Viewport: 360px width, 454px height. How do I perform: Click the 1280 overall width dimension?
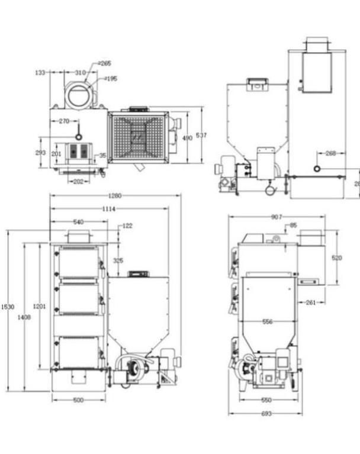click(115, 195)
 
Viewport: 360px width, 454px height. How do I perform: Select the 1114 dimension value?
click(108, 208)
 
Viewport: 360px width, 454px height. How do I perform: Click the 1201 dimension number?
click(39, 306)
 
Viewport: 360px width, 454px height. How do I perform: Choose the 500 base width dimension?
click(78, 400)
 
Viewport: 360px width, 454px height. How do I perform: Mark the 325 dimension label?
click(118, 260)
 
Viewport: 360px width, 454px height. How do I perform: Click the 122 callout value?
click(127, 226)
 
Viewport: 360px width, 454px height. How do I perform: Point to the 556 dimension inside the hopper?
click(268, 321)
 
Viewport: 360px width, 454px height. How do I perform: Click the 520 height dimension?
click(336, 257)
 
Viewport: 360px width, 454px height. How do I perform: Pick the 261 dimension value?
click(310, 302)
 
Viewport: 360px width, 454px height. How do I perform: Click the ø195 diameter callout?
click(110, 78)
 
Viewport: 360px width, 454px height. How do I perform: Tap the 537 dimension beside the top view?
click(201, 136)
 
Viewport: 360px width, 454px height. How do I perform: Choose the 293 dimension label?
click(40, 152)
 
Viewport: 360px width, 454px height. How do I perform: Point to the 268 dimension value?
click(330, 153)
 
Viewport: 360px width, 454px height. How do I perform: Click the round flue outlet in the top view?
click(79, 94)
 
